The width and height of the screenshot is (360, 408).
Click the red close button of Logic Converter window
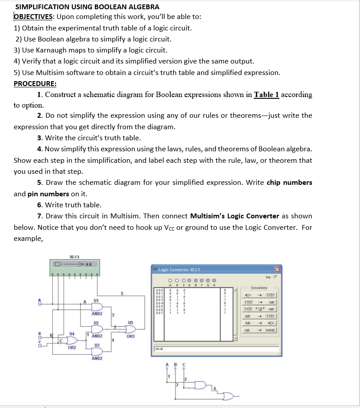277,270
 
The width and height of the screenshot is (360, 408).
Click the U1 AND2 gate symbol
97,307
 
